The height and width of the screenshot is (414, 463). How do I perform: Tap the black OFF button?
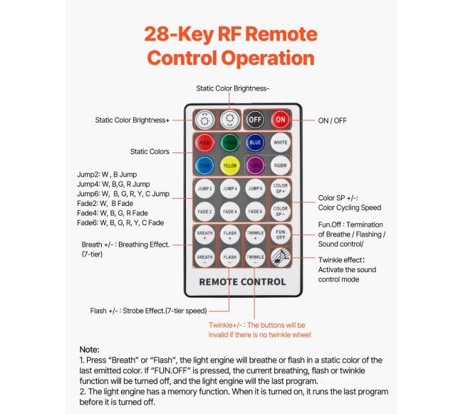pos(254,119)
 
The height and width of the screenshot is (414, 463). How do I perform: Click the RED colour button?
pos(204,142)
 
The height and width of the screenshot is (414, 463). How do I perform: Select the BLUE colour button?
pos(255,142)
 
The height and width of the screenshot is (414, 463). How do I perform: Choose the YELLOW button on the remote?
pos(229,165)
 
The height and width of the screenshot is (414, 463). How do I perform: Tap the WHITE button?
pos(281,142)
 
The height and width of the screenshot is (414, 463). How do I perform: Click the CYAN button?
pos(204,165)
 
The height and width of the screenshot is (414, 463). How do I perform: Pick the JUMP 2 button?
pos(204,188)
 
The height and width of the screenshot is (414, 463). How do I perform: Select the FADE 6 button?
pos(255,211)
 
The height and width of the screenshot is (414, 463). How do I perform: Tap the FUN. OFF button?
pos(281,234)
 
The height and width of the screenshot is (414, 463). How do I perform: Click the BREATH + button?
pos(204,234)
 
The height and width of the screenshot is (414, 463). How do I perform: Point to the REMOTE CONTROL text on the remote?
pos(242,281)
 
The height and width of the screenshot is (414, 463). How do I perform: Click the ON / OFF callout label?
pos(332,120)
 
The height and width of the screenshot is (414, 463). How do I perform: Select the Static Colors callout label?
pos(150,151)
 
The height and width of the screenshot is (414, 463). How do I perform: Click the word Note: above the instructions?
pos(89,350)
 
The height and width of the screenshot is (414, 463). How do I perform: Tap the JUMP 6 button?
pos(255,188)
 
